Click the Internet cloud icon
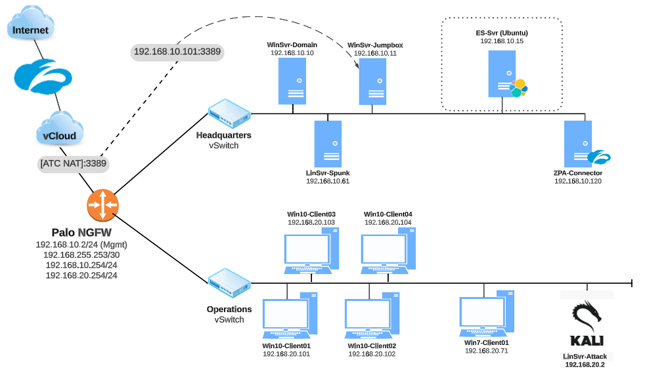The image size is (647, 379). click(x=31, y=27)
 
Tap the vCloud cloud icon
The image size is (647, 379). click(x=60, y=130)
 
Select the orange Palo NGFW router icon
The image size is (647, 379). click(x=102, y=205)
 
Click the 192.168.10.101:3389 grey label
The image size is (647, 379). click(x=177, y=51)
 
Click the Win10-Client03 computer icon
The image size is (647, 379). click(x=311, y=250)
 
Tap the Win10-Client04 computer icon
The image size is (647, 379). click(x=388, y=250)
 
